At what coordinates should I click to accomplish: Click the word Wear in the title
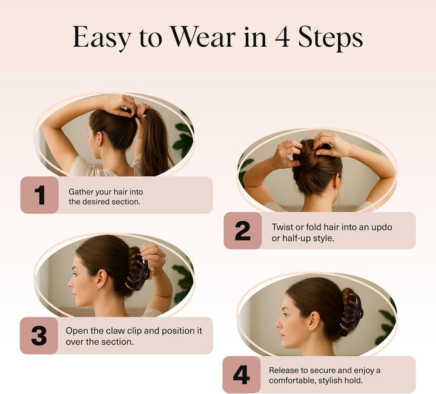click(x=203, y=37)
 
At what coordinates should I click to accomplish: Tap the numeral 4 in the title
click(x=283, y=37)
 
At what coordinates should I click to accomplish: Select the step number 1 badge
click(x=39, y=195)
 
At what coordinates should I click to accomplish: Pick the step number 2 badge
click(x=242, y=231)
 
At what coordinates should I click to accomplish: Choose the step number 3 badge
click(x=39, y=336)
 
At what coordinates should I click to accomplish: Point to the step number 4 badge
click(x=242, y=375)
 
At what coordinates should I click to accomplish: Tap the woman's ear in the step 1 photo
click(x=99, y=139)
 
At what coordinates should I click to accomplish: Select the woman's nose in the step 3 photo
click(x=70, y=283)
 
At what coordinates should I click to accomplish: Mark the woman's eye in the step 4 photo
click(x=285, y=315)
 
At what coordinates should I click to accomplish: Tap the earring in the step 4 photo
click(x=310, y=330)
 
